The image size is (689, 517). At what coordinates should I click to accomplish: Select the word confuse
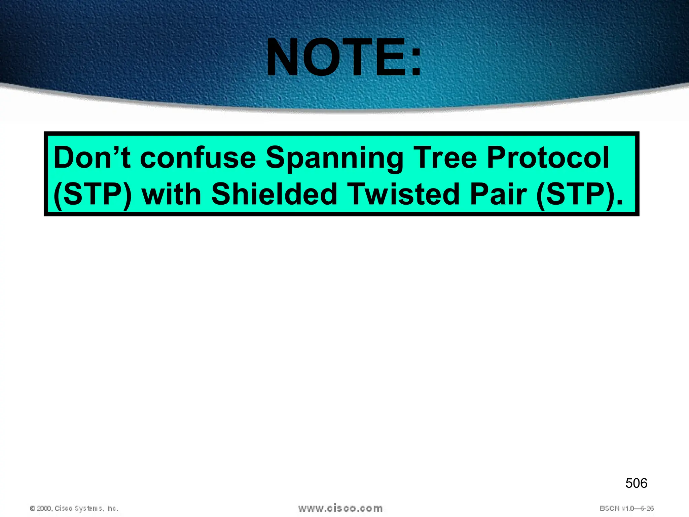tap(198, 158)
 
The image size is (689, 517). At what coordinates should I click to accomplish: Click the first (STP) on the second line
tap(93, 195)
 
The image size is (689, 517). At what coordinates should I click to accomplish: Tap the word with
tap(171, 194)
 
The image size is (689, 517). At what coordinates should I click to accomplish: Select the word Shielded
tap(274, 194)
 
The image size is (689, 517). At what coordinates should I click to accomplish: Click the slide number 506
tap(636, 483)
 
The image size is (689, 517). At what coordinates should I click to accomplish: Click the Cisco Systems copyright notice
tap(74, 508)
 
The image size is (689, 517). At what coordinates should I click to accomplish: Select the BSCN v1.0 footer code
tap(626, 508)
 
